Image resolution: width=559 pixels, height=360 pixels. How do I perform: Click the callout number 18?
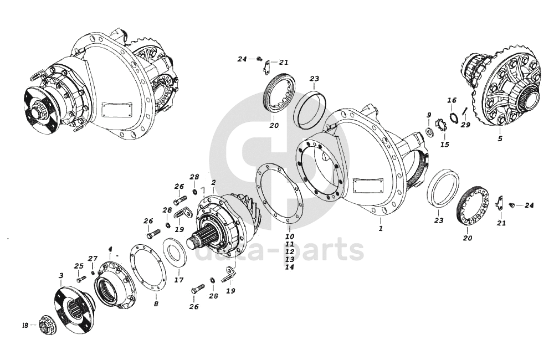[25, 325]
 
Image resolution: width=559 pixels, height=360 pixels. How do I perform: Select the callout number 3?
[60, 275]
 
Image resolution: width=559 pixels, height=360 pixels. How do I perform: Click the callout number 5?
[500, 138]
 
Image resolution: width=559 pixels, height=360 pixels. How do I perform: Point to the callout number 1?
[381, 228]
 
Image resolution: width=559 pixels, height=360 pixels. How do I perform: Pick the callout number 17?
[179, 280]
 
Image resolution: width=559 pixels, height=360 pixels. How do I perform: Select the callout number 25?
[79, 266]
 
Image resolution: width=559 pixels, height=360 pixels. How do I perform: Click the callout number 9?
[428, 115]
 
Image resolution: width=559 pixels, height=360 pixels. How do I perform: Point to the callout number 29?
[465, 125]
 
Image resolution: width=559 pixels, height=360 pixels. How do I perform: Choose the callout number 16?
[452, 100]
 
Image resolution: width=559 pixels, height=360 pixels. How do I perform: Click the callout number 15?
[445, 144]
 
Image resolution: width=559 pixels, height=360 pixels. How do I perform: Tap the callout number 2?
[213, 182]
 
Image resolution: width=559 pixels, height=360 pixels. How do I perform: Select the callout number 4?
[110, 249]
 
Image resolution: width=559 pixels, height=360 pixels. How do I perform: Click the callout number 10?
[290, 236]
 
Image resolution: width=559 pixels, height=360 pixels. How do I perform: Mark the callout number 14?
[290, 267]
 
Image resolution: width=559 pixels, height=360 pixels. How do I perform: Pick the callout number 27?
[93, 258]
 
